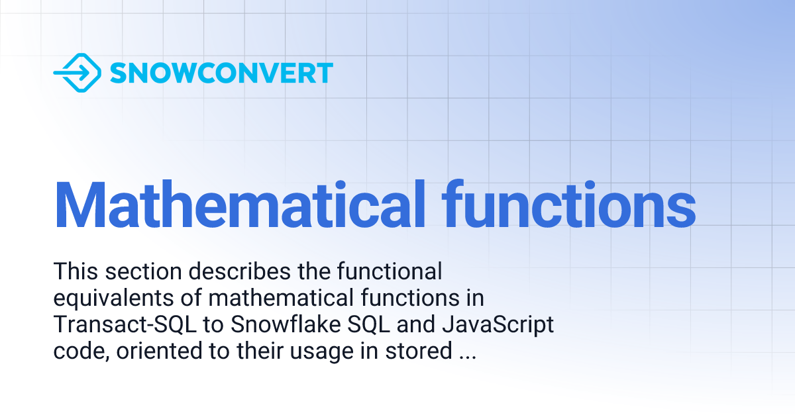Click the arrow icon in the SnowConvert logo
[77, 73]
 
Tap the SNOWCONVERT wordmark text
[221, 73]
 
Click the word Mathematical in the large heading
[238, 203]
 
